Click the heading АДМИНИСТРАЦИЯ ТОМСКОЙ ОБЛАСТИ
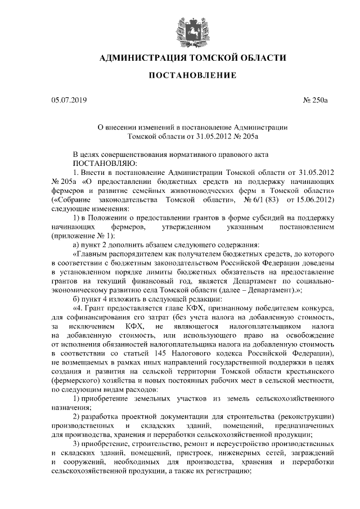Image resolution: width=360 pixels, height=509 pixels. click(180, 58)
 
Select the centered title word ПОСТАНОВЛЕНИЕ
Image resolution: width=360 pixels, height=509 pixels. click(180, 75)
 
